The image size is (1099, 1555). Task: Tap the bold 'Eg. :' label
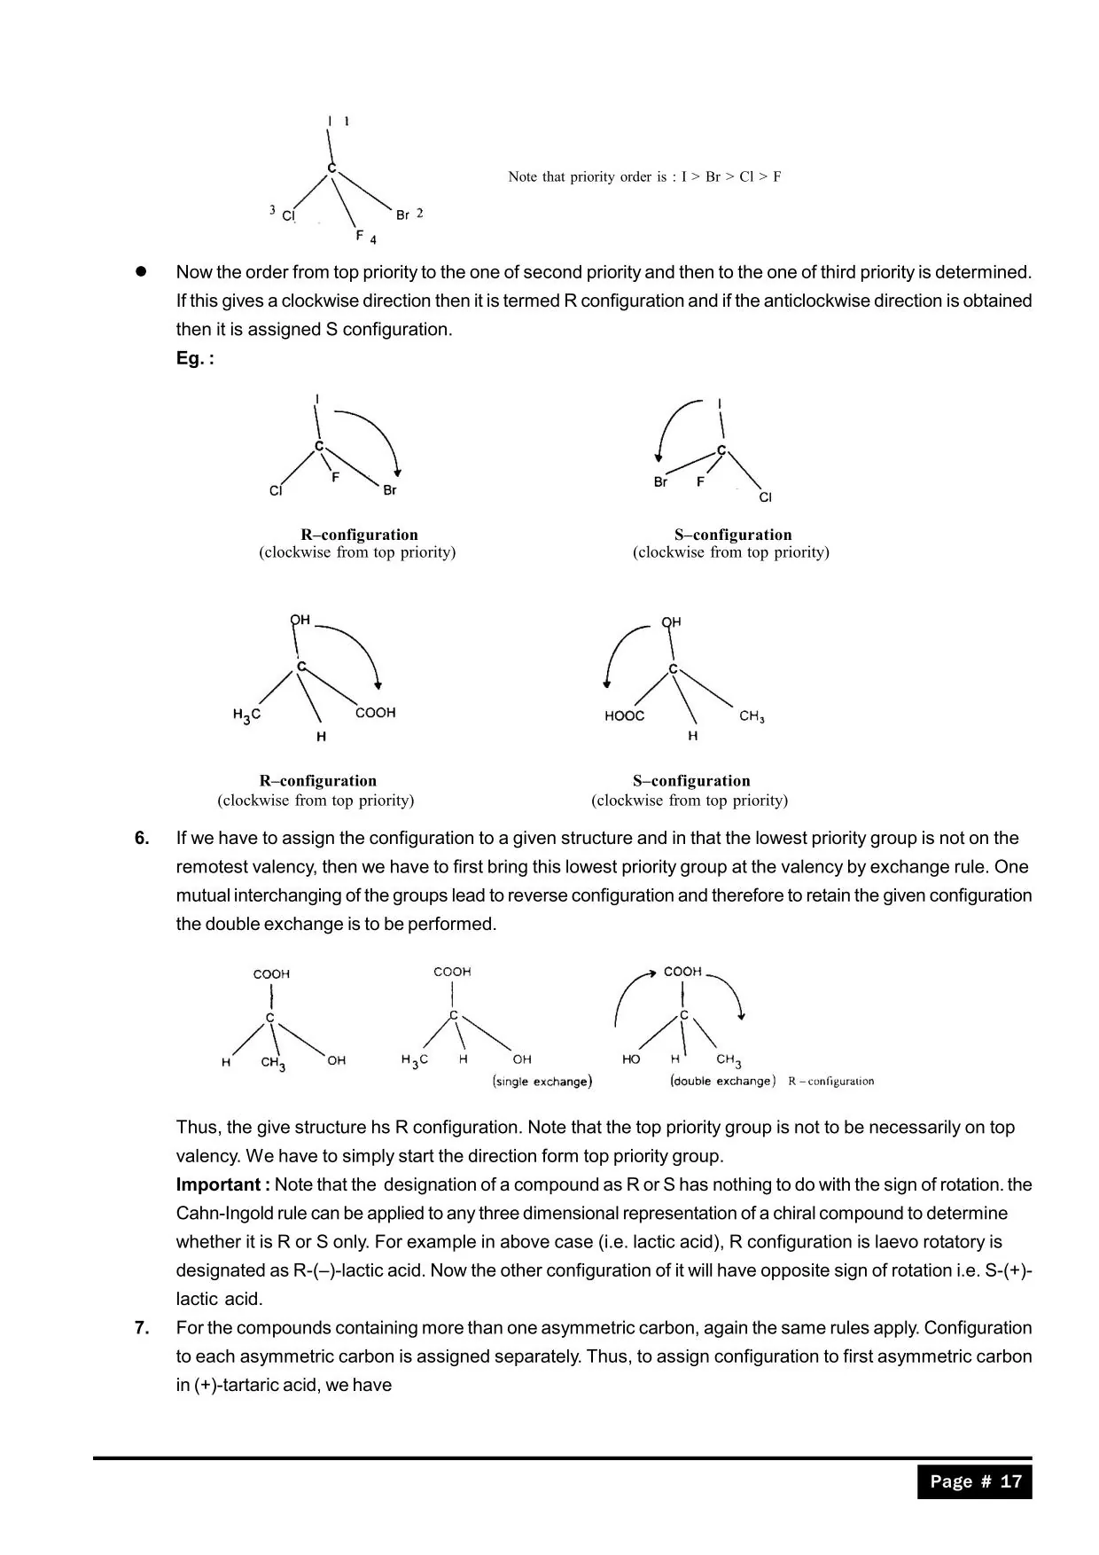(x=195, y=358)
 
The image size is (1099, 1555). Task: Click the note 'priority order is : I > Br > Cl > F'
(x=644, y=176)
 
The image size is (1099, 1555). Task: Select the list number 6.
(x=142, y=838)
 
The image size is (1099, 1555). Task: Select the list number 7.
(x=142, y=1327)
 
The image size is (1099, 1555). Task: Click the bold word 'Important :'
(x=222, y=1184)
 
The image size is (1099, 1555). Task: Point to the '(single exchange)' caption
(x=542, y=1082)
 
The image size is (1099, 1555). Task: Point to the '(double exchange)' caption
(x=723, y=1081)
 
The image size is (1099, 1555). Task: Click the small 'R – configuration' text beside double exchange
(x=830, y=1081)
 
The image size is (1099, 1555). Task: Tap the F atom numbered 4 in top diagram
(x=360, y=236)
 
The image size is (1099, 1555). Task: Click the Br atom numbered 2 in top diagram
(x=403, y=215)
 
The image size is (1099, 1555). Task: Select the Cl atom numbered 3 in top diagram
(x=288, y=215)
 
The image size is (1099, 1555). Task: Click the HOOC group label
(x=625, y=716)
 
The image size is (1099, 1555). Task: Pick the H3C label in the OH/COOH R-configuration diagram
(x=246, y=715)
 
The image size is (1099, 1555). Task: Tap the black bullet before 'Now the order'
(x=140, y=271)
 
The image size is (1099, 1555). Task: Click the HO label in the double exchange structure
(x=631, y=1059)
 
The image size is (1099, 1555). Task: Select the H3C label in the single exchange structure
(x=415, y=1060)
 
